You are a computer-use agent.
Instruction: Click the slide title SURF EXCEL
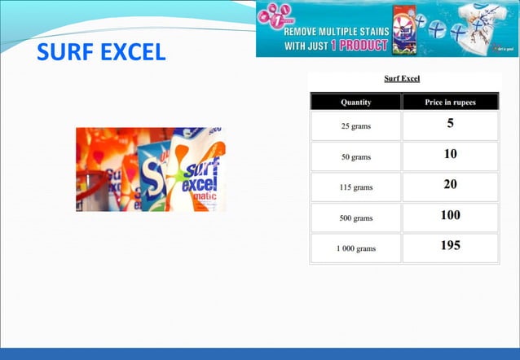pyautogui.click(x=101, y=53)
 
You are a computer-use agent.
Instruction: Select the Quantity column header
pyautogui.click(x=356, y=102)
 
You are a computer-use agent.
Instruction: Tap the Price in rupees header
pyautogui.click(x=450, y=102)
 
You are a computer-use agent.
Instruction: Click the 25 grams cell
pyautogui.click(x=355, y=126)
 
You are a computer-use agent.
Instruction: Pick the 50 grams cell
pyautogui.click(x=355, y=156)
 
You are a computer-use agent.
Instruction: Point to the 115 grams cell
pyautogui.click(x=355, y=187)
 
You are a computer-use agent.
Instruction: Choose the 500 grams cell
pyautogui.click(x=355, y=218)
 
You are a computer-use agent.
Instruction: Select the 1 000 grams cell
pyautogui.click(x=355, y=248)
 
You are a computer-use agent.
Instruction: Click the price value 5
pyautogui.click(x=450, y=124)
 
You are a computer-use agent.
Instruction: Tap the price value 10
pyautogui.click(x=450, y=154)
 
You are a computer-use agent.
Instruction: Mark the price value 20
pyautogui.click(x=450, y=184)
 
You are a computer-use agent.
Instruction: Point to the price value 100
pyautogui.click(x=450, y=215)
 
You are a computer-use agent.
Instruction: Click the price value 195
pyautogui.click(x=450, y=245)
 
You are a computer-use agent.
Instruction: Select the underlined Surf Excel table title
pyautogui.click(x=402, y=79)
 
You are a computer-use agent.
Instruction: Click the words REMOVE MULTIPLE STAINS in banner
pyautogui.click(x=335, y=32)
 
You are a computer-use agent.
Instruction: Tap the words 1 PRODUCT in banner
pyautogui.click(x=359, y=46)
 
